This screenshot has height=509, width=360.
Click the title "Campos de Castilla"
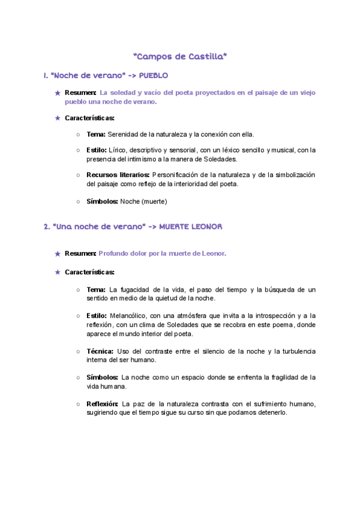(x=180, y=56)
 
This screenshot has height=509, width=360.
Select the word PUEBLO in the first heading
(x=154, y=76)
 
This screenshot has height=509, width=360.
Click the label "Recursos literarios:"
(x=117, y=175)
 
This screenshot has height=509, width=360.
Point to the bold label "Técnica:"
(x=100, y=351)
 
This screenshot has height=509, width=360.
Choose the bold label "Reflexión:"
(x=103, y=403)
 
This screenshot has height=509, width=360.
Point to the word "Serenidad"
(x=122, y=135)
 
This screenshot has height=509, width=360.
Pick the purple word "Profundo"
(x=113, y=253)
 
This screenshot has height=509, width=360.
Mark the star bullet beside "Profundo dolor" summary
(x=58, y=254)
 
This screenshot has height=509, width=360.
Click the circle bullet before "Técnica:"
(x=79, y=351)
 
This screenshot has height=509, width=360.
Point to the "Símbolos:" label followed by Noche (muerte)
(x=103, y=201)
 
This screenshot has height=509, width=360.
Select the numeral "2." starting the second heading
(x=47, y=226)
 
